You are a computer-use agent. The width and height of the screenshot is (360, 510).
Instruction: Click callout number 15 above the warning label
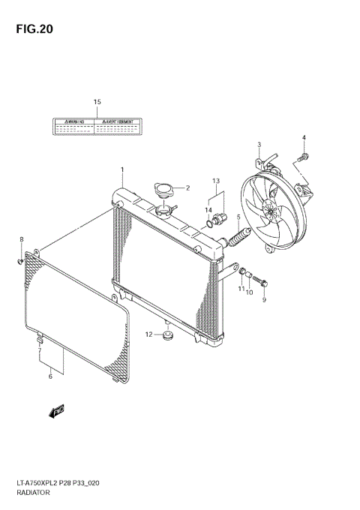point(97,101)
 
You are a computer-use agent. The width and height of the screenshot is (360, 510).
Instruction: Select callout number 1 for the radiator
point(121,171)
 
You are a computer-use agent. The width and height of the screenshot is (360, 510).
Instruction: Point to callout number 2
point(188,188)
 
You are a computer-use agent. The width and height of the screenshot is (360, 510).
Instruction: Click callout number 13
point(215,181)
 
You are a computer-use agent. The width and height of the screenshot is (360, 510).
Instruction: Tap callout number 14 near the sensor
point(209,211)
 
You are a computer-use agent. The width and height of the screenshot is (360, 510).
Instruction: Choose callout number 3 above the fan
point(259,144)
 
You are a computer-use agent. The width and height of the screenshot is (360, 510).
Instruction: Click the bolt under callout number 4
point(301,158)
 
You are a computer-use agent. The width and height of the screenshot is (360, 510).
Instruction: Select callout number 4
point(304,137)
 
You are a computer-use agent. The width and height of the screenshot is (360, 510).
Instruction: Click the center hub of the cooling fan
point(270,212)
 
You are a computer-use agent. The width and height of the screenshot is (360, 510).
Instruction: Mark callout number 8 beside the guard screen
point(22,239)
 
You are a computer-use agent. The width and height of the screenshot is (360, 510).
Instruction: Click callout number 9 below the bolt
point(264,301)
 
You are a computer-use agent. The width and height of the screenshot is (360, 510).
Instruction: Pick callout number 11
point(241,289)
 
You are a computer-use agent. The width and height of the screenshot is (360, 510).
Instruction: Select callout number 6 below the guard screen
point(50,376)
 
